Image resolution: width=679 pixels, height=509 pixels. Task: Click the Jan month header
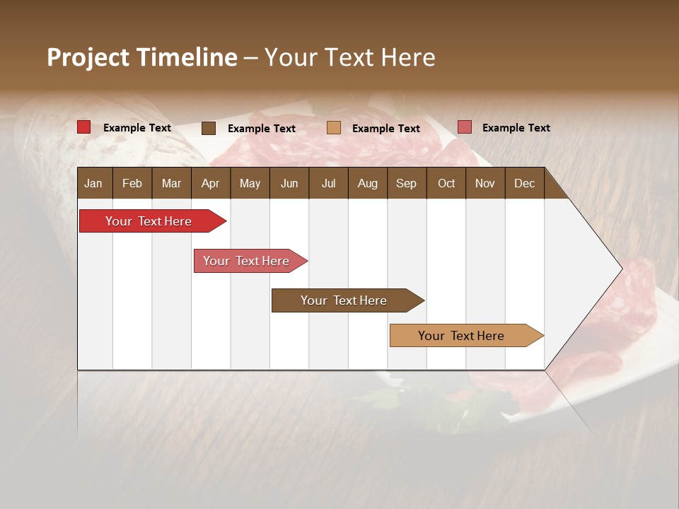93,183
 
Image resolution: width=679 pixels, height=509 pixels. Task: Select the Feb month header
132,183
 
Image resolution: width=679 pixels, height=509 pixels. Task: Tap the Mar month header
171,183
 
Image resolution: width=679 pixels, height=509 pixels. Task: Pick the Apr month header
210,183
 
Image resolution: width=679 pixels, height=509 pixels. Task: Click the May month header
250,183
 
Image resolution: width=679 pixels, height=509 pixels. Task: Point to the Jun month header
289,183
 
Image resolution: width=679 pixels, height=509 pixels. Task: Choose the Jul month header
328,183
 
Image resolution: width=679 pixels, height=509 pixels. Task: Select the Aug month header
367,183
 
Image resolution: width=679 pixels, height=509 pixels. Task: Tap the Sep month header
406,183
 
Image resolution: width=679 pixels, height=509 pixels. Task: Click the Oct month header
446,183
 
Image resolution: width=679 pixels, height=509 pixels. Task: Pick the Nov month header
485,183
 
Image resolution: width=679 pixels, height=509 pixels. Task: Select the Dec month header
524,183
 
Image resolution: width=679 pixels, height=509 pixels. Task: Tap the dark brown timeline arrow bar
344,300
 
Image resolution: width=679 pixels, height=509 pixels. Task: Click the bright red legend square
83,127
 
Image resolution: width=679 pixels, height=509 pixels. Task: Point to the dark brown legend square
209,128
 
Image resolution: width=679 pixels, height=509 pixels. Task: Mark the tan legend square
334,127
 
